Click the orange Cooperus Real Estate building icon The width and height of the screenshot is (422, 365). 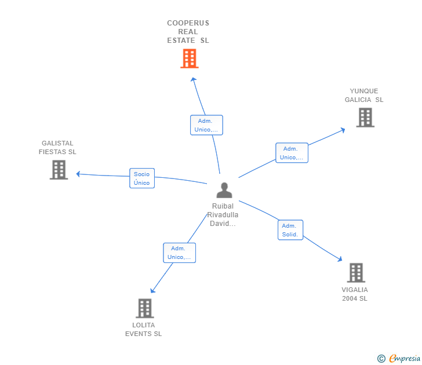point(189,59)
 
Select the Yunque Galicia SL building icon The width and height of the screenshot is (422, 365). point(365,118)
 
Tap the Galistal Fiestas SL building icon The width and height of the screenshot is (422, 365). point(59,170)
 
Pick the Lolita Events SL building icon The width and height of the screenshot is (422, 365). point(144,308)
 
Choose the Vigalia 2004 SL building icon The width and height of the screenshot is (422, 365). point(355,272)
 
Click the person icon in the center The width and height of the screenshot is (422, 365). point(224,190)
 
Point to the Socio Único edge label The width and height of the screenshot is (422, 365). point(141,178)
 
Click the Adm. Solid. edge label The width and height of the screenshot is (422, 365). point(290,230)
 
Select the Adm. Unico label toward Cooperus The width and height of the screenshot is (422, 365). point(206,125)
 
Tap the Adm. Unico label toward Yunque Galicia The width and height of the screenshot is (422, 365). point(291,153)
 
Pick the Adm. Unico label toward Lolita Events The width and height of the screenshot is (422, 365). point(179,253)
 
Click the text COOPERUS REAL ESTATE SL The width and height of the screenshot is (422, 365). point(188,32)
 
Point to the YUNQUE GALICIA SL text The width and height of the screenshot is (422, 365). point(364,95)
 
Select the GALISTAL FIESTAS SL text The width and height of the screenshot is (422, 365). point(57,148)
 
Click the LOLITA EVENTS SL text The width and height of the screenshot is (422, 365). point(144,329)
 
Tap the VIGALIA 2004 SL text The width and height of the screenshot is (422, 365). point(355,294)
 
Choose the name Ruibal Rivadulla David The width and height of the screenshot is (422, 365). point(224,215)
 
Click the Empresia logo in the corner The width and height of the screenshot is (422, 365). point(399,359)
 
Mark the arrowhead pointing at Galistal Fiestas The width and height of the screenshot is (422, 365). point(78,174)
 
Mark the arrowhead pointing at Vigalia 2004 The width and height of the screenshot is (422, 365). point(341,260)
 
